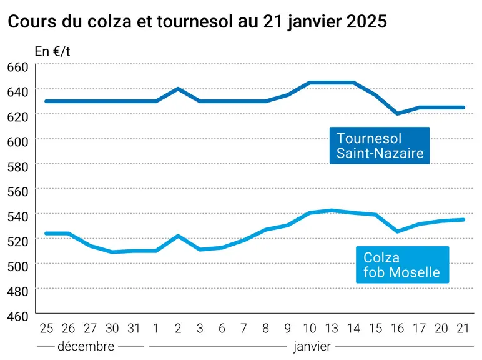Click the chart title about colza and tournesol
pos(197,22)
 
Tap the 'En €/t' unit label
pos(52,51)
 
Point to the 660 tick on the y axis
pos(17,67)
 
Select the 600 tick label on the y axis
pos(17,142)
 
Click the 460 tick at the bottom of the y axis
pos(17,317)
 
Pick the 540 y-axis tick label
pos(17,217)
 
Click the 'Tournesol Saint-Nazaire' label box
pos(380,146)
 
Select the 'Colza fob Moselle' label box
pos(402,265)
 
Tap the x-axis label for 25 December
pos(46,329)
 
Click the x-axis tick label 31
pos(134,329)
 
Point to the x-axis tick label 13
pos(332,329)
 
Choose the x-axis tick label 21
pos(463,329)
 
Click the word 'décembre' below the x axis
pos(86,347)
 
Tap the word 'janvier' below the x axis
pos(312,347)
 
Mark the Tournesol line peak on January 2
pos(178,89)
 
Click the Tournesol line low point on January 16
pos(398,114)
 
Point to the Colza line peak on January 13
pos(332,211)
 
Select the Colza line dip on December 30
pos(112,252)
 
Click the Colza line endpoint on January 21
pos(463,220)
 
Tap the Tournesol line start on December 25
pos(46,101)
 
